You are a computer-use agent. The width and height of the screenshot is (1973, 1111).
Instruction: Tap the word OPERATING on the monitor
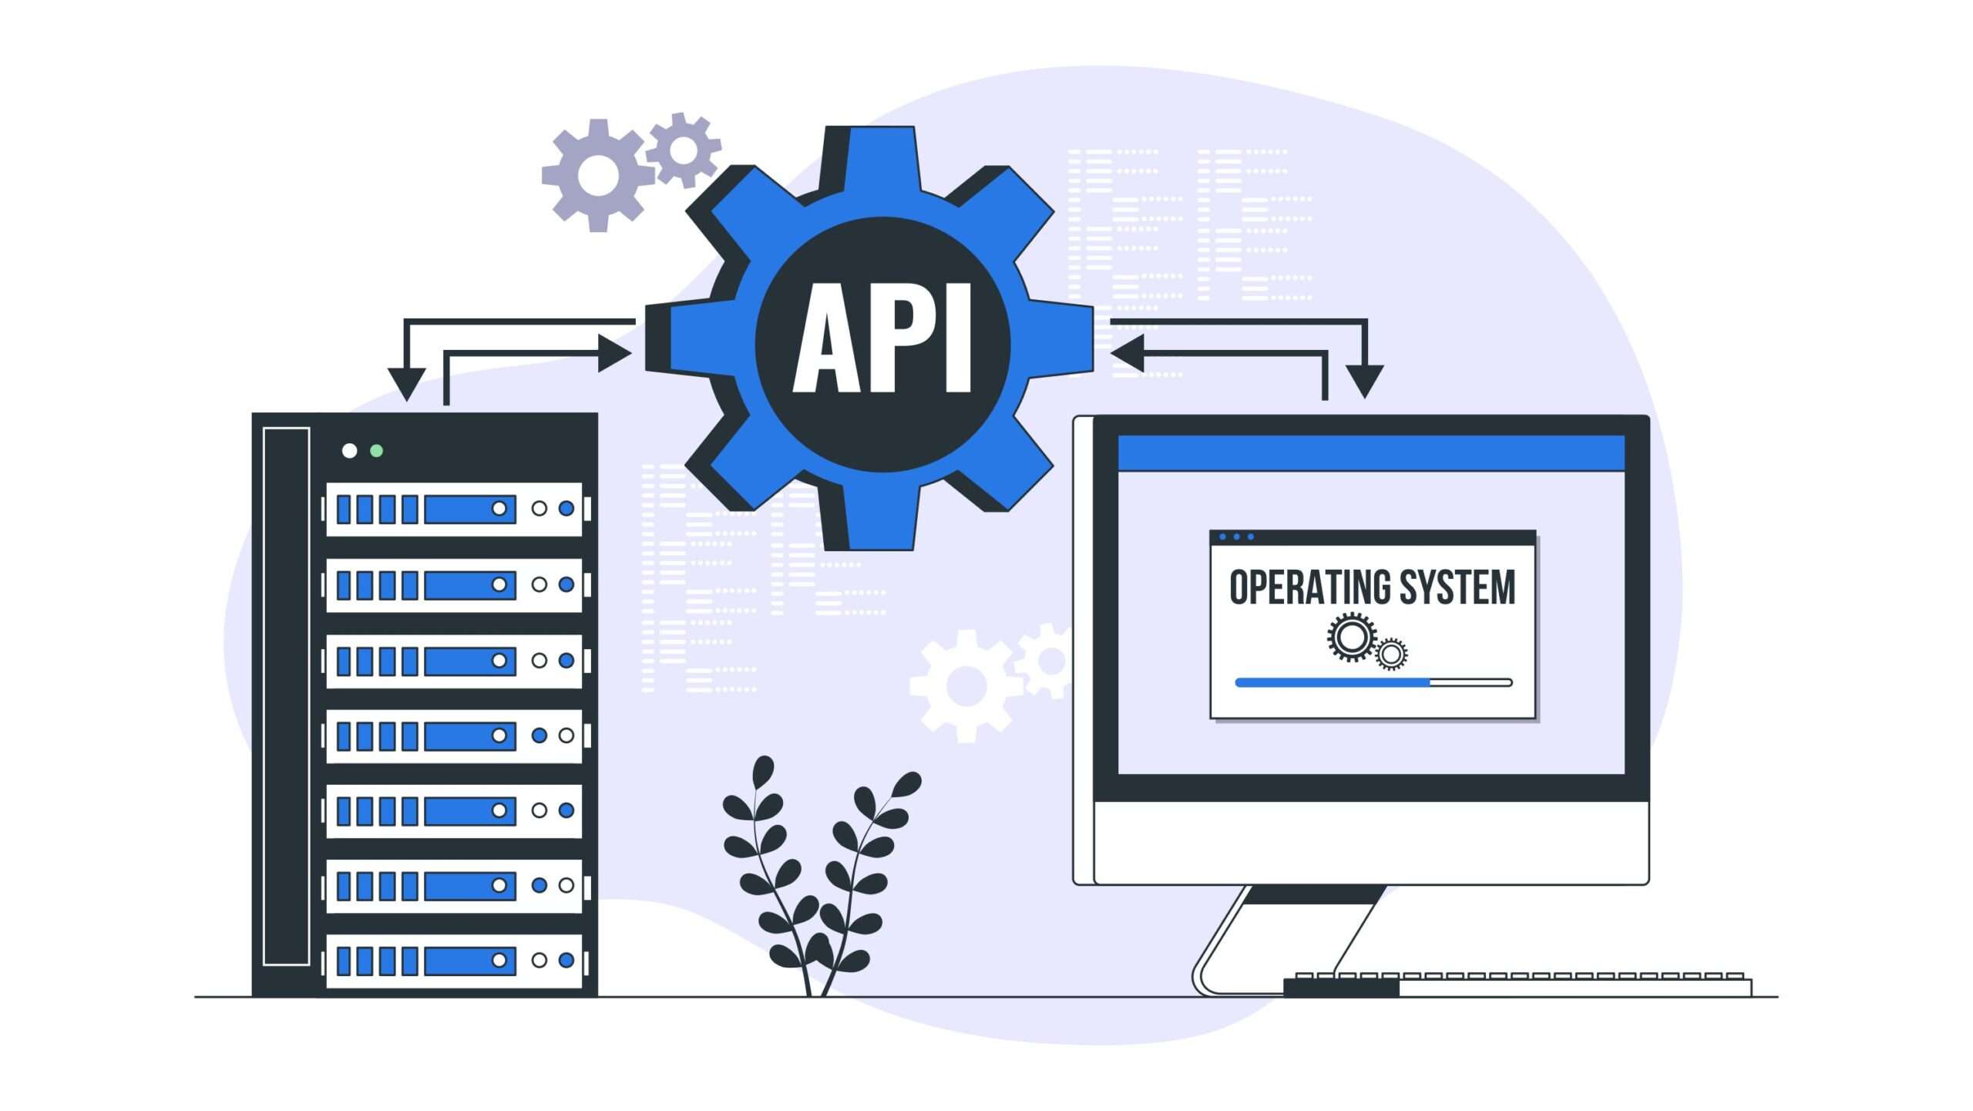(1309, 587)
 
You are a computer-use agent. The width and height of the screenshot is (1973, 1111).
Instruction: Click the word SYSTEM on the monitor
(1457, 587)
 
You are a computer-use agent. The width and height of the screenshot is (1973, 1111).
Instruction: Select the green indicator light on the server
(376, 450)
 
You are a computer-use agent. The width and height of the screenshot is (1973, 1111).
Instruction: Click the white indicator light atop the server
(349, 450)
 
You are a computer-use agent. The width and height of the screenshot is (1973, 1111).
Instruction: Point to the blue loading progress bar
(1333, 682)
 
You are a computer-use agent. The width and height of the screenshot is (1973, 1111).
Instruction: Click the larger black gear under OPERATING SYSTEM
(1351, 637)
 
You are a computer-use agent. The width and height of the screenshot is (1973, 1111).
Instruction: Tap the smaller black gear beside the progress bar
(1391, 655)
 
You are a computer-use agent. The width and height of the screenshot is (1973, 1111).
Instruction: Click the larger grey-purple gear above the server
(598, 176)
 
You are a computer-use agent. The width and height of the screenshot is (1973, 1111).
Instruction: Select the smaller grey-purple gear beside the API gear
(683, 150)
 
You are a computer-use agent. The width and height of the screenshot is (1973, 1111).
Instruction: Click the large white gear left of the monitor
(966, 685)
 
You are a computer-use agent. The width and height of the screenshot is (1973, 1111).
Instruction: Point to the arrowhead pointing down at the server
(406, 384)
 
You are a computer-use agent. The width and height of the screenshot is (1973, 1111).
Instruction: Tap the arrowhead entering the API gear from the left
(615, 354)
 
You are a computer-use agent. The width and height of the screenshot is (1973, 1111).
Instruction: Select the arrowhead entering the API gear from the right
(1127, 353)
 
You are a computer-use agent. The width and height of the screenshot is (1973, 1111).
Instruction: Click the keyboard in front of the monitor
(1517, 985)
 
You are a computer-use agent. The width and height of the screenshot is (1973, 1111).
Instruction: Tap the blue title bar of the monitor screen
(1371, 453)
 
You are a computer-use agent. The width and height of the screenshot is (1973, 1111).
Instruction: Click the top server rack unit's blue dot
(566, 508)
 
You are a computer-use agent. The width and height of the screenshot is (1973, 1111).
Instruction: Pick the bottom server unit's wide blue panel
(469, 961)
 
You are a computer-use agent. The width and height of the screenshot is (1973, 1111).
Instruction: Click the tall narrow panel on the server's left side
(286, 695)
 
